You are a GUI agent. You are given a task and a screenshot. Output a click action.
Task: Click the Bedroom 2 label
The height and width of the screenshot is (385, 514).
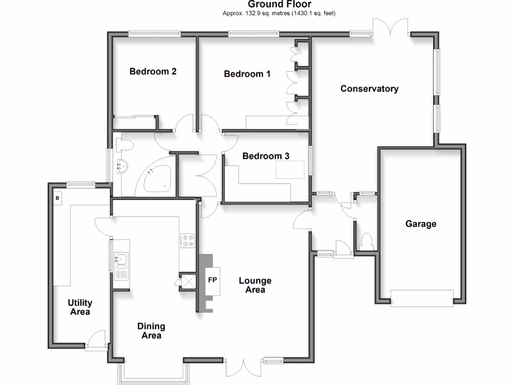coord(153,71)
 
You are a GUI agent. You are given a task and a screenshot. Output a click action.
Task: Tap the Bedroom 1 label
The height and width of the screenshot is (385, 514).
coord(247,74)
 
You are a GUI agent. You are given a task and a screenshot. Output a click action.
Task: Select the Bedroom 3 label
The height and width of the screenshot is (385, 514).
coord(266,156)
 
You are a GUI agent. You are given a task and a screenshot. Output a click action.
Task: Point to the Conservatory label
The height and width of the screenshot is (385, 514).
coord(369,89)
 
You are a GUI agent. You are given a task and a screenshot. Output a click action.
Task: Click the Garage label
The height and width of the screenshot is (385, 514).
coord(421,224)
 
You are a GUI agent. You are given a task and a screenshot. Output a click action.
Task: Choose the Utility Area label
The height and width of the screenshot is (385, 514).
coord(80,307)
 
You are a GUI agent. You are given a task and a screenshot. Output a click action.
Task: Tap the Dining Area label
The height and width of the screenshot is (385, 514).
coord(151,331)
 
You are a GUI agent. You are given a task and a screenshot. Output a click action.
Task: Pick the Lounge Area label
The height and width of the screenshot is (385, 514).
coord(255,285)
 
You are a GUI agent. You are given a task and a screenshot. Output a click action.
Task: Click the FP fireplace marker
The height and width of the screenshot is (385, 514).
coord(212,280)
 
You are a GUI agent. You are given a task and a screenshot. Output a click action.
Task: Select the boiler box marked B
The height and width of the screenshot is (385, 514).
coord(57,198)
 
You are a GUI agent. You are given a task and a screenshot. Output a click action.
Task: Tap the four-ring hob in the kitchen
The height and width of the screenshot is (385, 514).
coord(188,241)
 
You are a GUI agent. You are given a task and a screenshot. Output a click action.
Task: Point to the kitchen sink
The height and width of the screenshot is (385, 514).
coord(121,260)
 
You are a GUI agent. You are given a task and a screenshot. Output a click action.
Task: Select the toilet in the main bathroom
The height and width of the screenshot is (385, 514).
coord(124,145)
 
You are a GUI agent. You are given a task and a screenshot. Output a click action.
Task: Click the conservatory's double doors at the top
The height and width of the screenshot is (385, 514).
coord(391,27)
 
